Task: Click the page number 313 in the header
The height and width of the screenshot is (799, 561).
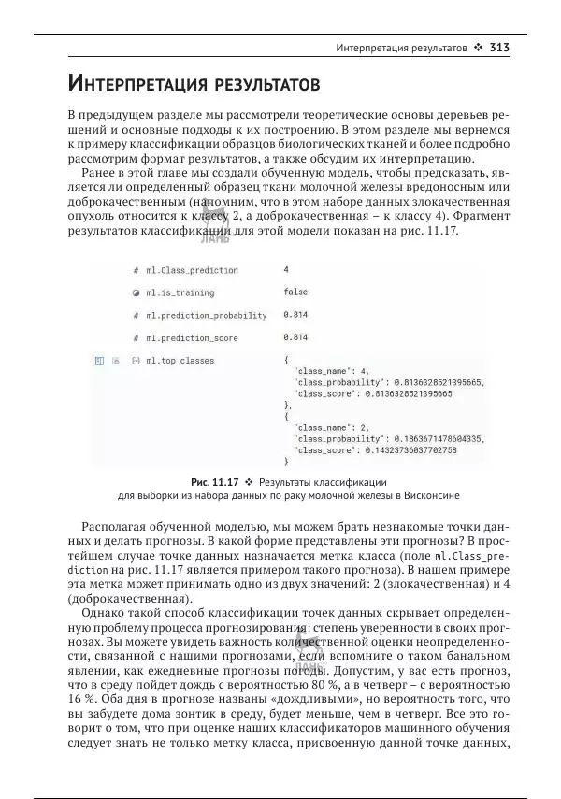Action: (498, 47)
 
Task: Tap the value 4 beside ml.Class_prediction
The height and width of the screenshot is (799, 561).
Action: (286, 270)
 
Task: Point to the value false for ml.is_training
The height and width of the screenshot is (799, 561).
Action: (295, 292)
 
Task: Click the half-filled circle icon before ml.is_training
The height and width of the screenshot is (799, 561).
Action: (136, 292)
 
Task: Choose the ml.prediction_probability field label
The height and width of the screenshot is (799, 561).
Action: (205, 315)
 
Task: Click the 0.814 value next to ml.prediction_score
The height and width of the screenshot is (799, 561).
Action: (295, 337)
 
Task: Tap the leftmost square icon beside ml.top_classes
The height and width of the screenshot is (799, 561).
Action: (98, 360)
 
